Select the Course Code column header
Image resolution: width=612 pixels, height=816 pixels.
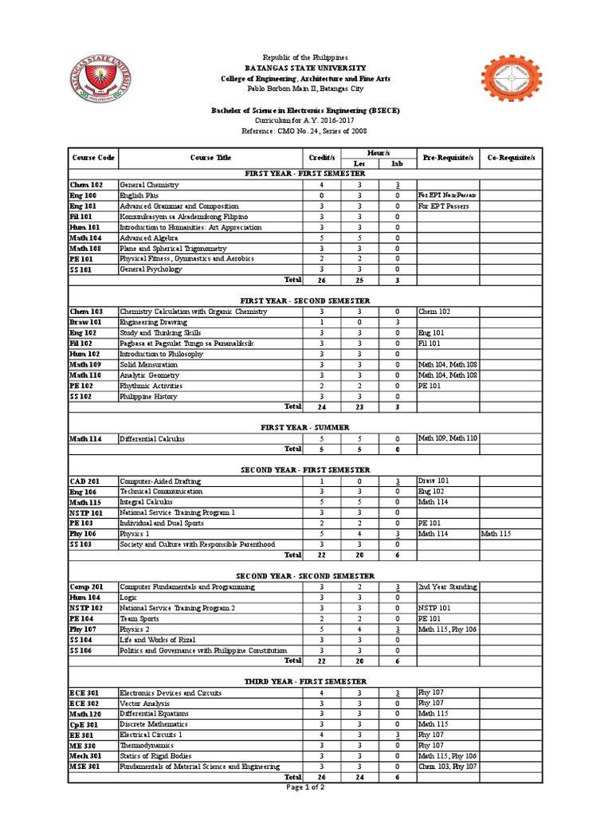[92, 158]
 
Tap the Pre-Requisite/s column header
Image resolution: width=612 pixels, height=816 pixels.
[449, 158]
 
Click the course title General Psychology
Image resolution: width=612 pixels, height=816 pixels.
[151, 269]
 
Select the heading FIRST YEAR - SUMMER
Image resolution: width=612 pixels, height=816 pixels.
[305, 427]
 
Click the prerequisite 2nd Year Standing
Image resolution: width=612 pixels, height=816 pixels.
[447, 586]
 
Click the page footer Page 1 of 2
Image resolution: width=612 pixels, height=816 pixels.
[305, 787]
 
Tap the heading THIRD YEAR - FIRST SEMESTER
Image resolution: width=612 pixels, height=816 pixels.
[305, 681]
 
